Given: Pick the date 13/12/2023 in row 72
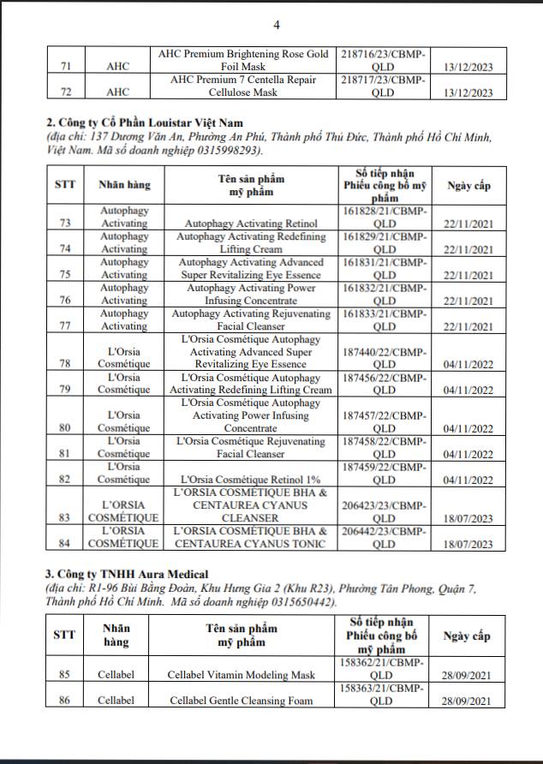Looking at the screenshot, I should [468, 93].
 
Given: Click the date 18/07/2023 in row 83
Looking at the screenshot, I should [468, 520].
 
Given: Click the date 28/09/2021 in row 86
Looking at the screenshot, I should [468, 703].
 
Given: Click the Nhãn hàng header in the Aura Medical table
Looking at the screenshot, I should [116, 635].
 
